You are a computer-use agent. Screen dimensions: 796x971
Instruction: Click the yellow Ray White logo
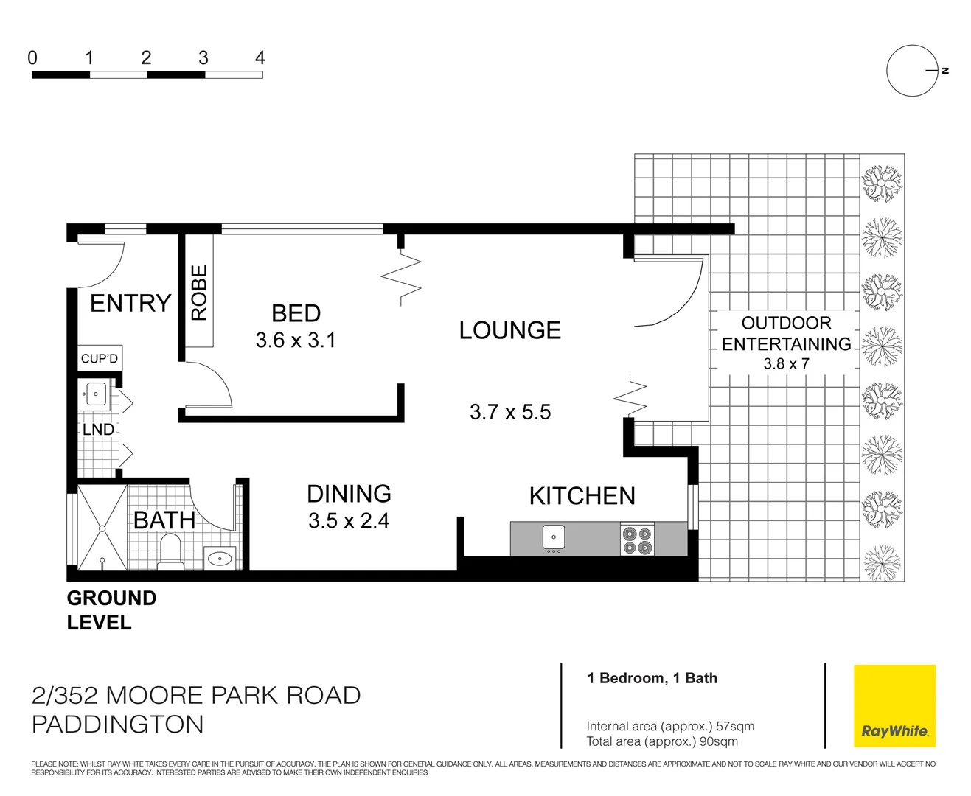894,706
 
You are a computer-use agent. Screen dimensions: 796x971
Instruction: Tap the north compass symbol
912,71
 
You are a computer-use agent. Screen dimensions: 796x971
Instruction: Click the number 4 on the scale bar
260,57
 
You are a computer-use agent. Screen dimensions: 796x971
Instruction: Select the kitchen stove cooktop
637,539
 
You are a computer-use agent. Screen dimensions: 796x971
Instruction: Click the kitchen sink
553,537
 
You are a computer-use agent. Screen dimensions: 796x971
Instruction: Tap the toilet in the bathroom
171,552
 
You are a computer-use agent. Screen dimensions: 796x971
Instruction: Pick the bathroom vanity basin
220,558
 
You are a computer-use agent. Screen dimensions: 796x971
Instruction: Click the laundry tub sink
96,394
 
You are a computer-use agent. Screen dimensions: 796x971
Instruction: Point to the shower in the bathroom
102,528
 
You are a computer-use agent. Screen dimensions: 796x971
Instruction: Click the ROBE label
199,293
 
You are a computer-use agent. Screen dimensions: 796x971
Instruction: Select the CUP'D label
100,359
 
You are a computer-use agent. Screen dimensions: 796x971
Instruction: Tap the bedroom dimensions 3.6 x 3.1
296,341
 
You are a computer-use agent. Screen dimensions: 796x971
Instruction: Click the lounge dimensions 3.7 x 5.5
510,412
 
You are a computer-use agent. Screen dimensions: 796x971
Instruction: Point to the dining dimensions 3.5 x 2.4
349,521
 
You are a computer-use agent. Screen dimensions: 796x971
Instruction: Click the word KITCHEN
582,496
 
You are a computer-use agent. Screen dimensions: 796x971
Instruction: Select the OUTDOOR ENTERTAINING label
786,334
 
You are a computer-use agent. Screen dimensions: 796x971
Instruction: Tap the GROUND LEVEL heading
111,610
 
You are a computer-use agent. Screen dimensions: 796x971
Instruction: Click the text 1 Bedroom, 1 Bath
652,678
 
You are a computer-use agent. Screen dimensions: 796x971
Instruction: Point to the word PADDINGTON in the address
118,725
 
